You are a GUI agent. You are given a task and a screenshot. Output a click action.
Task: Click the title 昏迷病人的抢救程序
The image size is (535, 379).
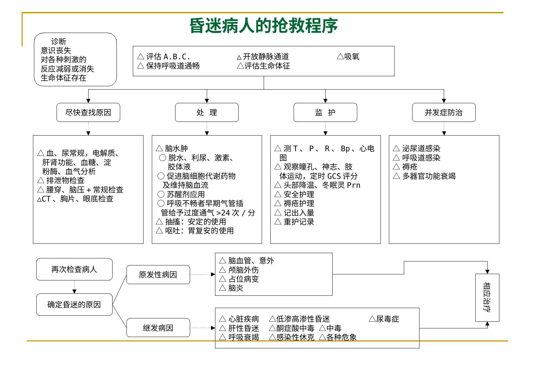(x=263, y=25)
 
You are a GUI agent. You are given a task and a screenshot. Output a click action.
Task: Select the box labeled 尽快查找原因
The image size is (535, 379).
(x=88, y=112)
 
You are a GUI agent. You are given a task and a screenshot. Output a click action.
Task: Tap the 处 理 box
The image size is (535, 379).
(x=207, y=112)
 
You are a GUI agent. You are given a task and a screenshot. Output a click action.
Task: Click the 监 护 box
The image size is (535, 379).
(x=325, y=112)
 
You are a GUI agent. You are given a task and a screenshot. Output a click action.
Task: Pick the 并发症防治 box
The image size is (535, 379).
(x=444, y=112)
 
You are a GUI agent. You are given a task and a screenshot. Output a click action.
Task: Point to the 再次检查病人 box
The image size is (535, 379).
(x=74, y=269)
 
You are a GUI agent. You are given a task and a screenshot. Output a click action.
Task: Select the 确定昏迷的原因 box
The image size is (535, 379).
(x=74, y=304)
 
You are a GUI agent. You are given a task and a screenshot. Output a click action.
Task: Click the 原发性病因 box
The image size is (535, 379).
(x=158, y=274)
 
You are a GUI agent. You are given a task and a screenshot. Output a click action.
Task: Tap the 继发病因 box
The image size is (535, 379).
(x=158, y=328)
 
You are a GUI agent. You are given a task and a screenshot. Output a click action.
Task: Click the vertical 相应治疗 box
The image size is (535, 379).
(x=487, y=297)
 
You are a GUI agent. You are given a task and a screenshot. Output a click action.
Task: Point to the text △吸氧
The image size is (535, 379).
(x=348, y=57)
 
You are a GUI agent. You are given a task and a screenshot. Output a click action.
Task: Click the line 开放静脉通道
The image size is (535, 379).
(x=266, y=57)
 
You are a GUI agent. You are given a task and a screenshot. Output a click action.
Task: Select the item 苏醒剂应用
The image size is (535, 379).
(x=185, y=194)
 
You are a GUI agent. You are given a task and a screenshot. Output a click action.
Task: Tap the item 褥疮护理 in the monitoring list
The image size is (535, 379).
(x=299, y=203)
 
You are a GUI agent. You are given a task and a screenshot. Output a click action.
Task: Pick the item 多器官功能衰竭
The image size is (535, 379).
(x=429, y=176)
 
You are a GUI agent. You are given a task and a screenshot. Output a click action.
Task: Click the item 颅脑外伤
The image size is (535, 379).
(x=243, y=270)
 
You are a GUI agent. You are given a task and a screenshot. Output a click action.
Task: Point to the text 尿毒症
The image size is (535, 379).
(x=388, y=319)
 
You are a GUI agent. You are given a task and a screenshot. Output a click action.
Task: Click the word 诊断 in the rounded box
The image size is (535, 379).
(x=59, y=41)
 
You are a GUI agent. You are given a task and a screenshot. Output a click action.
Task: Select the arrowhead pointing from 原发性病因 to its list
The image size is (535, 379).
(x=213, y=274)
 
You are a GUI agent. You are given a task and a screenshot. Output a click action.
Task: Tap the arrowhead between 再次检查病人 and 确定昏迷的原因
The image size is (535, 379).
(x=74, y=291)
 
